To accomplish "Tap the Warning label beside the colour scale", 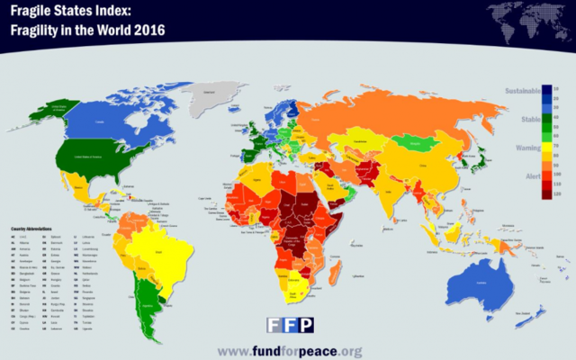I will [527, 145].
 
